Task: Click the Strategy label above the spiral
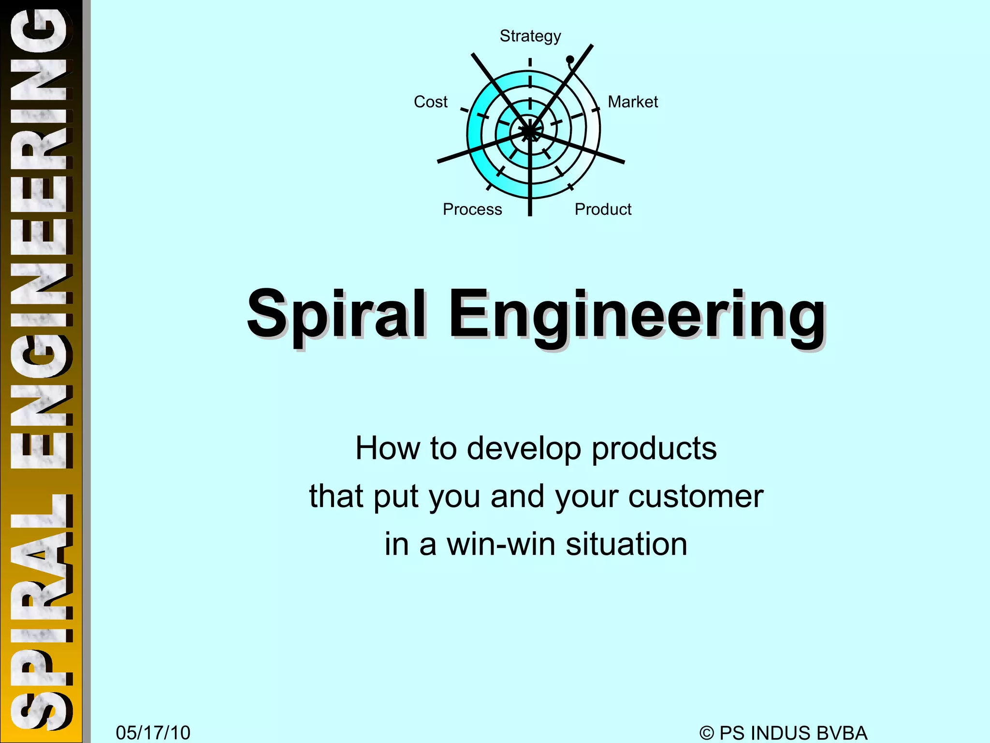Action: tap(530, 36)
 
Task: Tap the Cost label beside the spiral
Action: tap(430, 102)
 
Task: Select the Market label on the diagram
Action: tap(633, 102)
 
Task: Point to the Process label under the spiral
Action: tap(472, 209)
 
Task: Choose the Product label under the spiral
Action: tap(603, 209)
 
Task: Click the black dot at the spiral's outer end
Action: tap(570, 59)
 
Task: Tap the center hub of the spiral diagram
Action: tap(530, 131)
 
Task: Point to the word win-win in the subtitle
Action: tap(501, 544)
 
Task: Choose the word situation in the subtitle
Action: tap(626, 544)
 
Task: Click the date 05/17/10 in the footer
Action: tap(153, 733)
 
